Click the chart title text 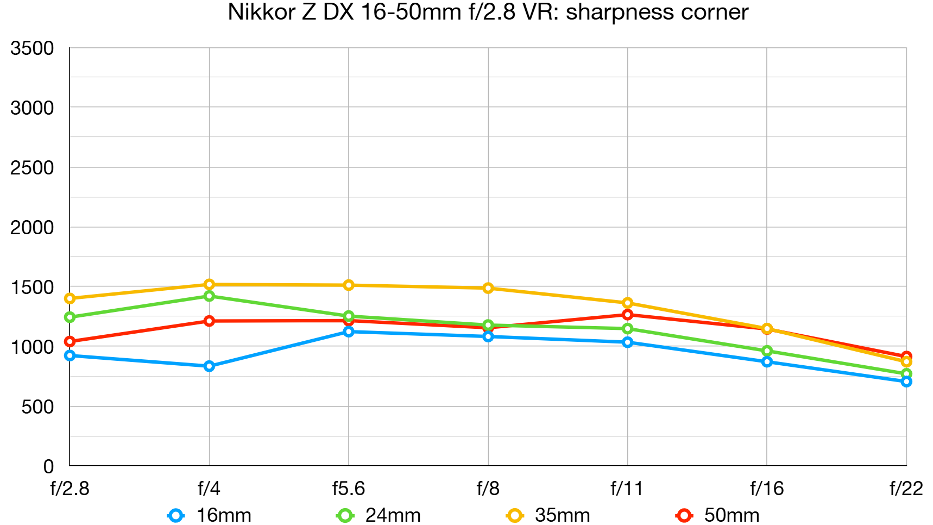pos(488,12)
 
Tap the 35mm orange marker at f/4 pos(209,284)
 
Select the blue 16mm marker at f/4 pos(209,366)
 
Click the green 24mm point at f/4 pos(209,296)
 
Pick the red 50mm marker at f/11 pos(627,315)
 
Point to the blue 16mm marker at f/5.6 pos(349,332)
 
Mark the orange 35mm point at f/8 pos(488,288)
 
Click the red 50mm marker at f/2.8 pos(70,341)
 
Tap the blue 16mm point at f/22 pos(906,382)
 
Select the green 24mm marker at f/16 pos(767,351)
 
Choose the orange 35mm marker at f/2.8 pos(70,298)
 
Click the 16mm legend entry pos(210,515)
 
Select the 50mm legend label pos(731,515)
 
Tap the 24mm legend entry pos(379,515)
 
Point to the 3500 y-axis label pos(32,48)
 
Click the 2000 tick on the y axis pos(32,227)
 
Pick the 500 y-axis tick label pos(37,407)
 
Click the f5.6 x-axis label pos(348,489)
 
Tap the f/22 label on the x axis pos(905,489)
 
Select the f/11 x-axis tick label pos(627,489)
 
